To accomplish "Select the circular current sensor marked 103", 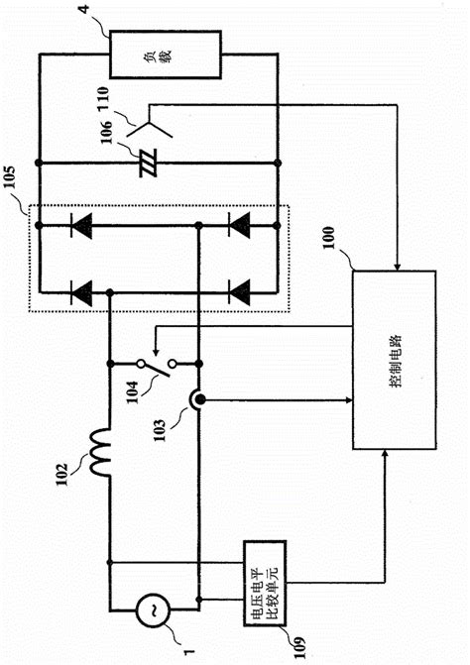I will click(201, 400).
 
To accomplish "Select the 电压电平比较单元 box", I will click(265, 572).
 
